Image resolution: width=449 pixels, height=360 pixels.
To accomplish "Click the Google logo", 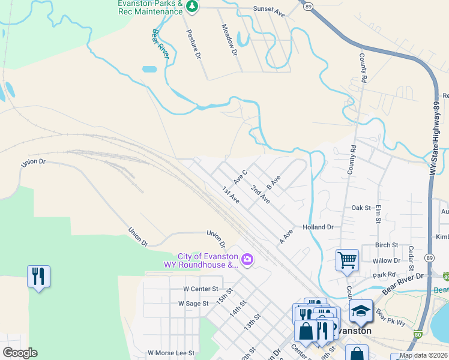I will pyautogui.click(x=20, y=353).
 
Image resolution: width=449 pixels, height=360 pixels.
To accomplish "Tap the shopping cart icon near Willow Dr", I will pyautogui.click(x=347, y=260).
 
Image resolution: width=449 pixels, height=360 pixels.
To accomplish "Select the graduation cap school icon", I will pyautogui.click(x=361, y=311).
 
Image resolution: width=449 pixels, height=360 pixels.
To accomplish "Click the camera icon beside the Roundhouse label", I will pyautogui.click(x=247, y=259).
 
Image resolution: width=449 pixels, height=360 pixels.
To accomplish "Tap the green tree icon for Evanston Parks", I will pyautogui.click(x=192, y=7).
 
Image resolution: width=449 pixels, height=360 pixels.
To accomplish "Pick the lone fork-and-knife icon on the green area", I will pyautogui.click(x=38, y=276).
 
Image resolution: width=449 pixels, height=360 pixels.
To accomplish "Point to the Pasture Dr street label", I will pyautogui.click(x=193, y=43).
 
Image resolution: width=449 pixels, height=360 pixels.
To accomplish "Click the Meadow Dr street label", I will pyautogui.click(x=230, y=40).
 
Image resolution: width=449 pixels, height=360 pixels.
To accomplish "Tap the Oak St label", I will pyautogui.click(x=361, y=208).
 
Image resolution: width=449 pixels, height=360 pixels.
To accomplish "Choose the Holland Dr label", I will pyautogui.click(x=318, y=227).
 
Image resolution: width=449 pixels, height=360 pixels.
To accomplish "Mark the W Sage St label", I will pyautogui.click(x=193, y=304).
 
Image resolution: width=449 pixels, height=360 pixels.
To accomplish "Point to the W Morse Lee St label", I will pyautogui.click(x=172, y=353).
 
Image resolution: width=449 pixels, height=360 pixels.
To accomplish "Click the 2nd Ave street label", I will pyautogui.click(x=260, y=194).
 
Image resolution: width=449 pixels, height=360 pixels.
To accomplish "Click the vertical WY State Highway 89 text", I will pyautogui.click(x=435, y=137).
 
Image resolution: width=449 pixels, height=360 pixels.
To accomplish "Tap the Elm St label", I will pyautogui.click(x=379, y=215).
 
